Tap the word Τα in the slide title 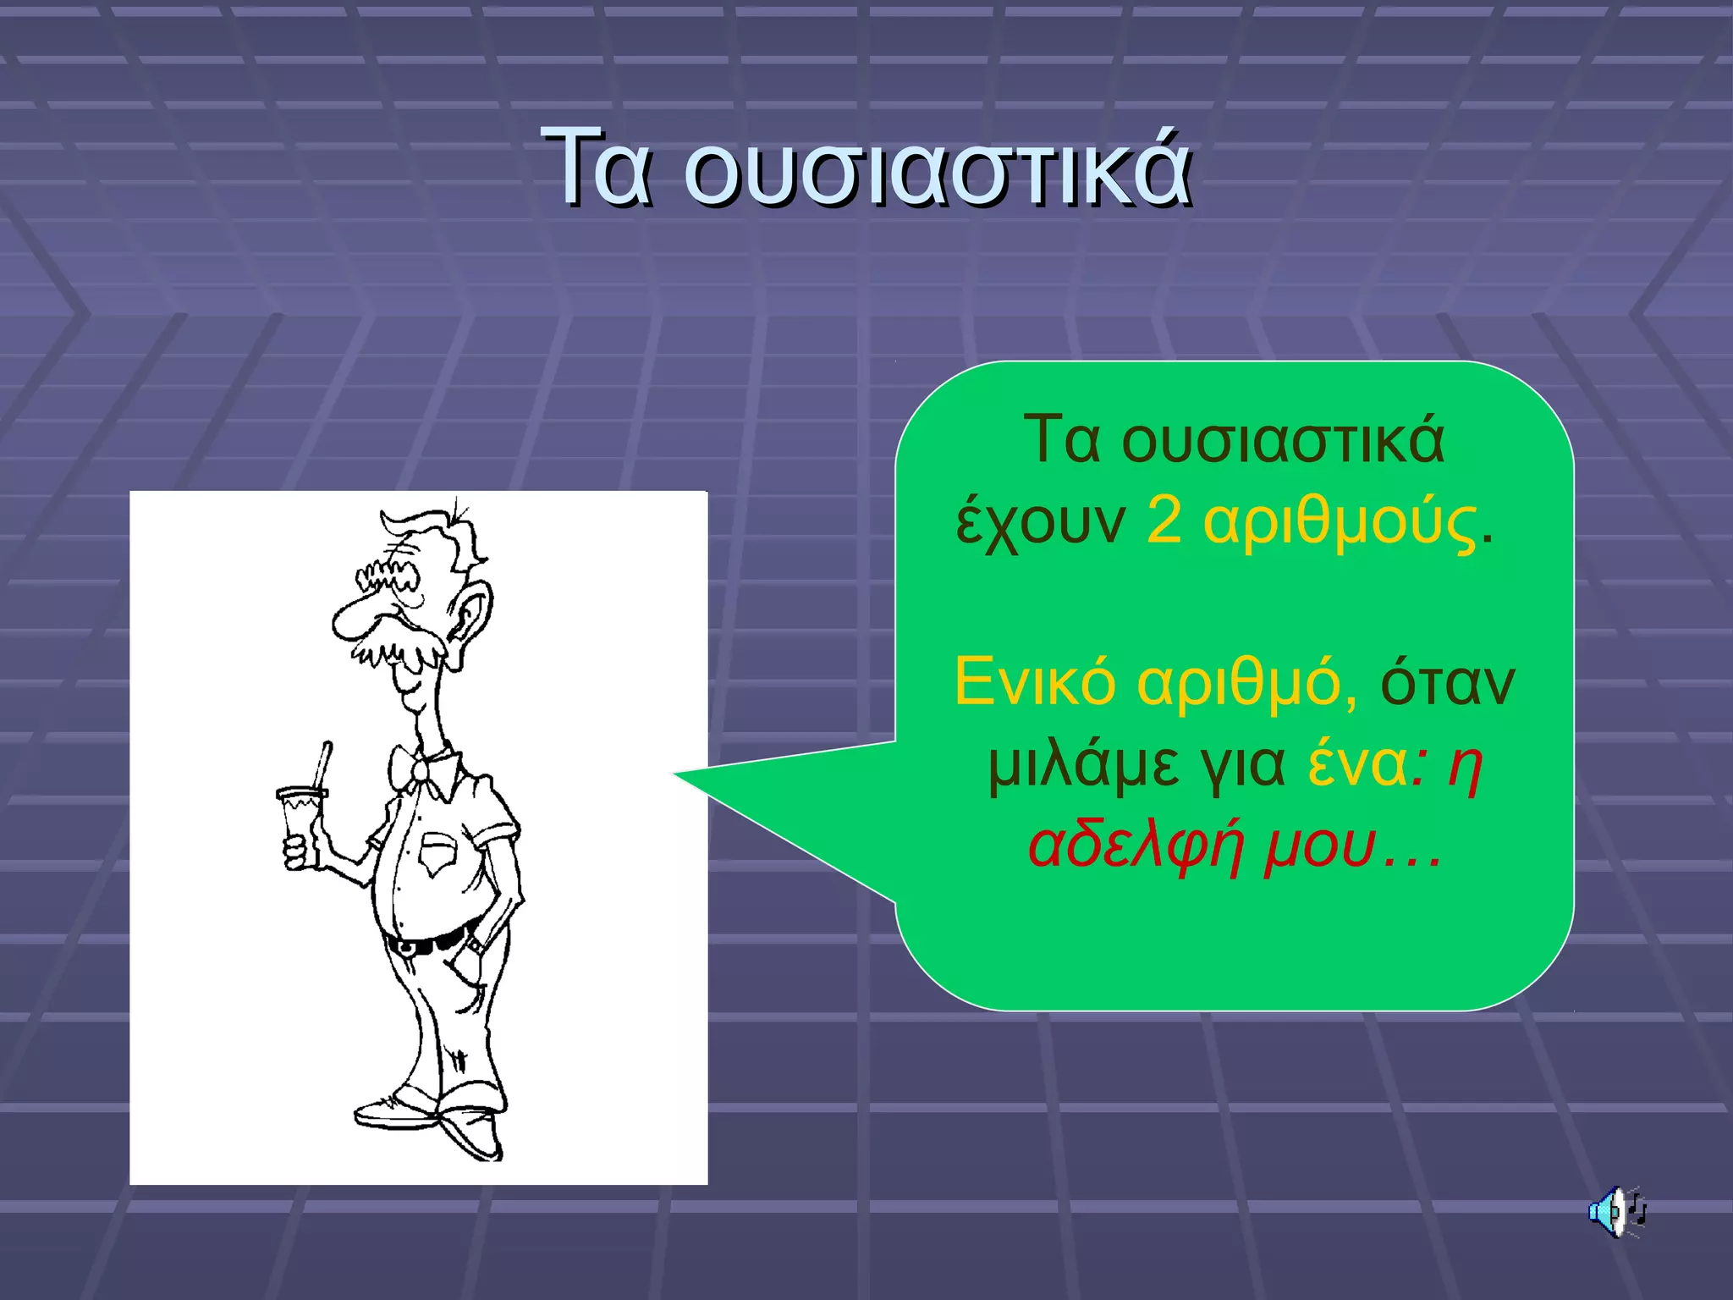tap(597, 168)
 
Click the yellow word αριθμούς tap(1340, 521)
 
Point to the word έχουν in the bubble tap(1041, 523)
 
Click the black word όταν tap(1447, 682)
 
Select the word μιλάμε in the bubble tap(1083, 765)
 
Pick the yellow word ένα tap(1357, 763)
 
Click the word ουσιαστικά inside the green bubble tap(1283, 440)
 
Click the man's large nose tap(355, 618)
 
